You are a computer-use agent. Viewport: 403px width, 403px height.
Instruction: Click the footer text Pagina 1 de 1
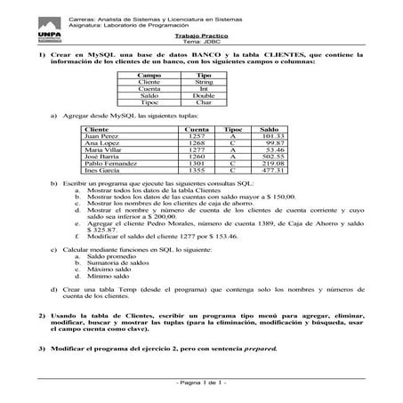click(201, 383)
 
